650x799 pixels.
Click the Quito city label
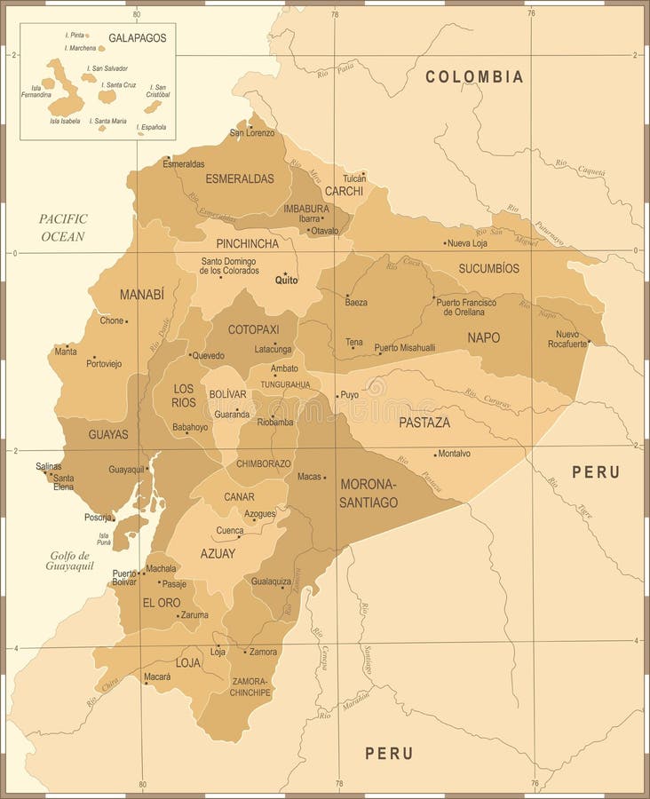pyautogui.click(x=287, y=281)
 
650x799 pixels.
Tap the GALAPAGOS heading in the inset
pyautogui.click(x=138, y=38)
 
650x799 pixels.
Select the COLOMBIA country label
pyautogui.click(x=474, y=76)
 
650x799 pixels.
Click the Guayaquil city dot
pyautogui.click(x=148, y=469)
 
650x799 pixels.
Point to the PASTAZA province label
pyautogui.click(x=424, y=423)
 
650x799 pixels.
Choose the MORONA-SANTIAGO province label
pyautogui.click(x=369, y=494)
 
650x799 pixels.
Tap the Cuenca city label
pyautogui.click(x=229, y=531)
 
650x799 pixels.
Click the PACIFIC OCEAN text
pyautogui.click(x=63, y=227)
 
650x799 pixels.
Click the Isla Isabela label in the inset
pyautogui.click(x=65, y=121)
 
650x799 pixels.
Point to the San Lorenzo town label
pyautogui.click(x=252, y=133)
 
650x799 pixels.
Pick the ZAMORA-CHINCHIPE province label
pyautogui.click(x=250, y=686)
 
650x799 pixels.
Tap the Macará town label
pyautogui.click(x=157, y=677)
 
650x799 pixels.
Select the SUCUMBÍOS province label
pyautogui.click(x=488, y=268)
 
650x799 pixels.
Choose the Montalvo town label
pyautogui.click(x=455, y=454)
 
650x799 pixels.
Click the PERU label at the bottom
pyautogui.click(x=389, y=753)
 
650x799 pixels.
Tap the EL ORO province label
pyautogui.click(x=162, y=602)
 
